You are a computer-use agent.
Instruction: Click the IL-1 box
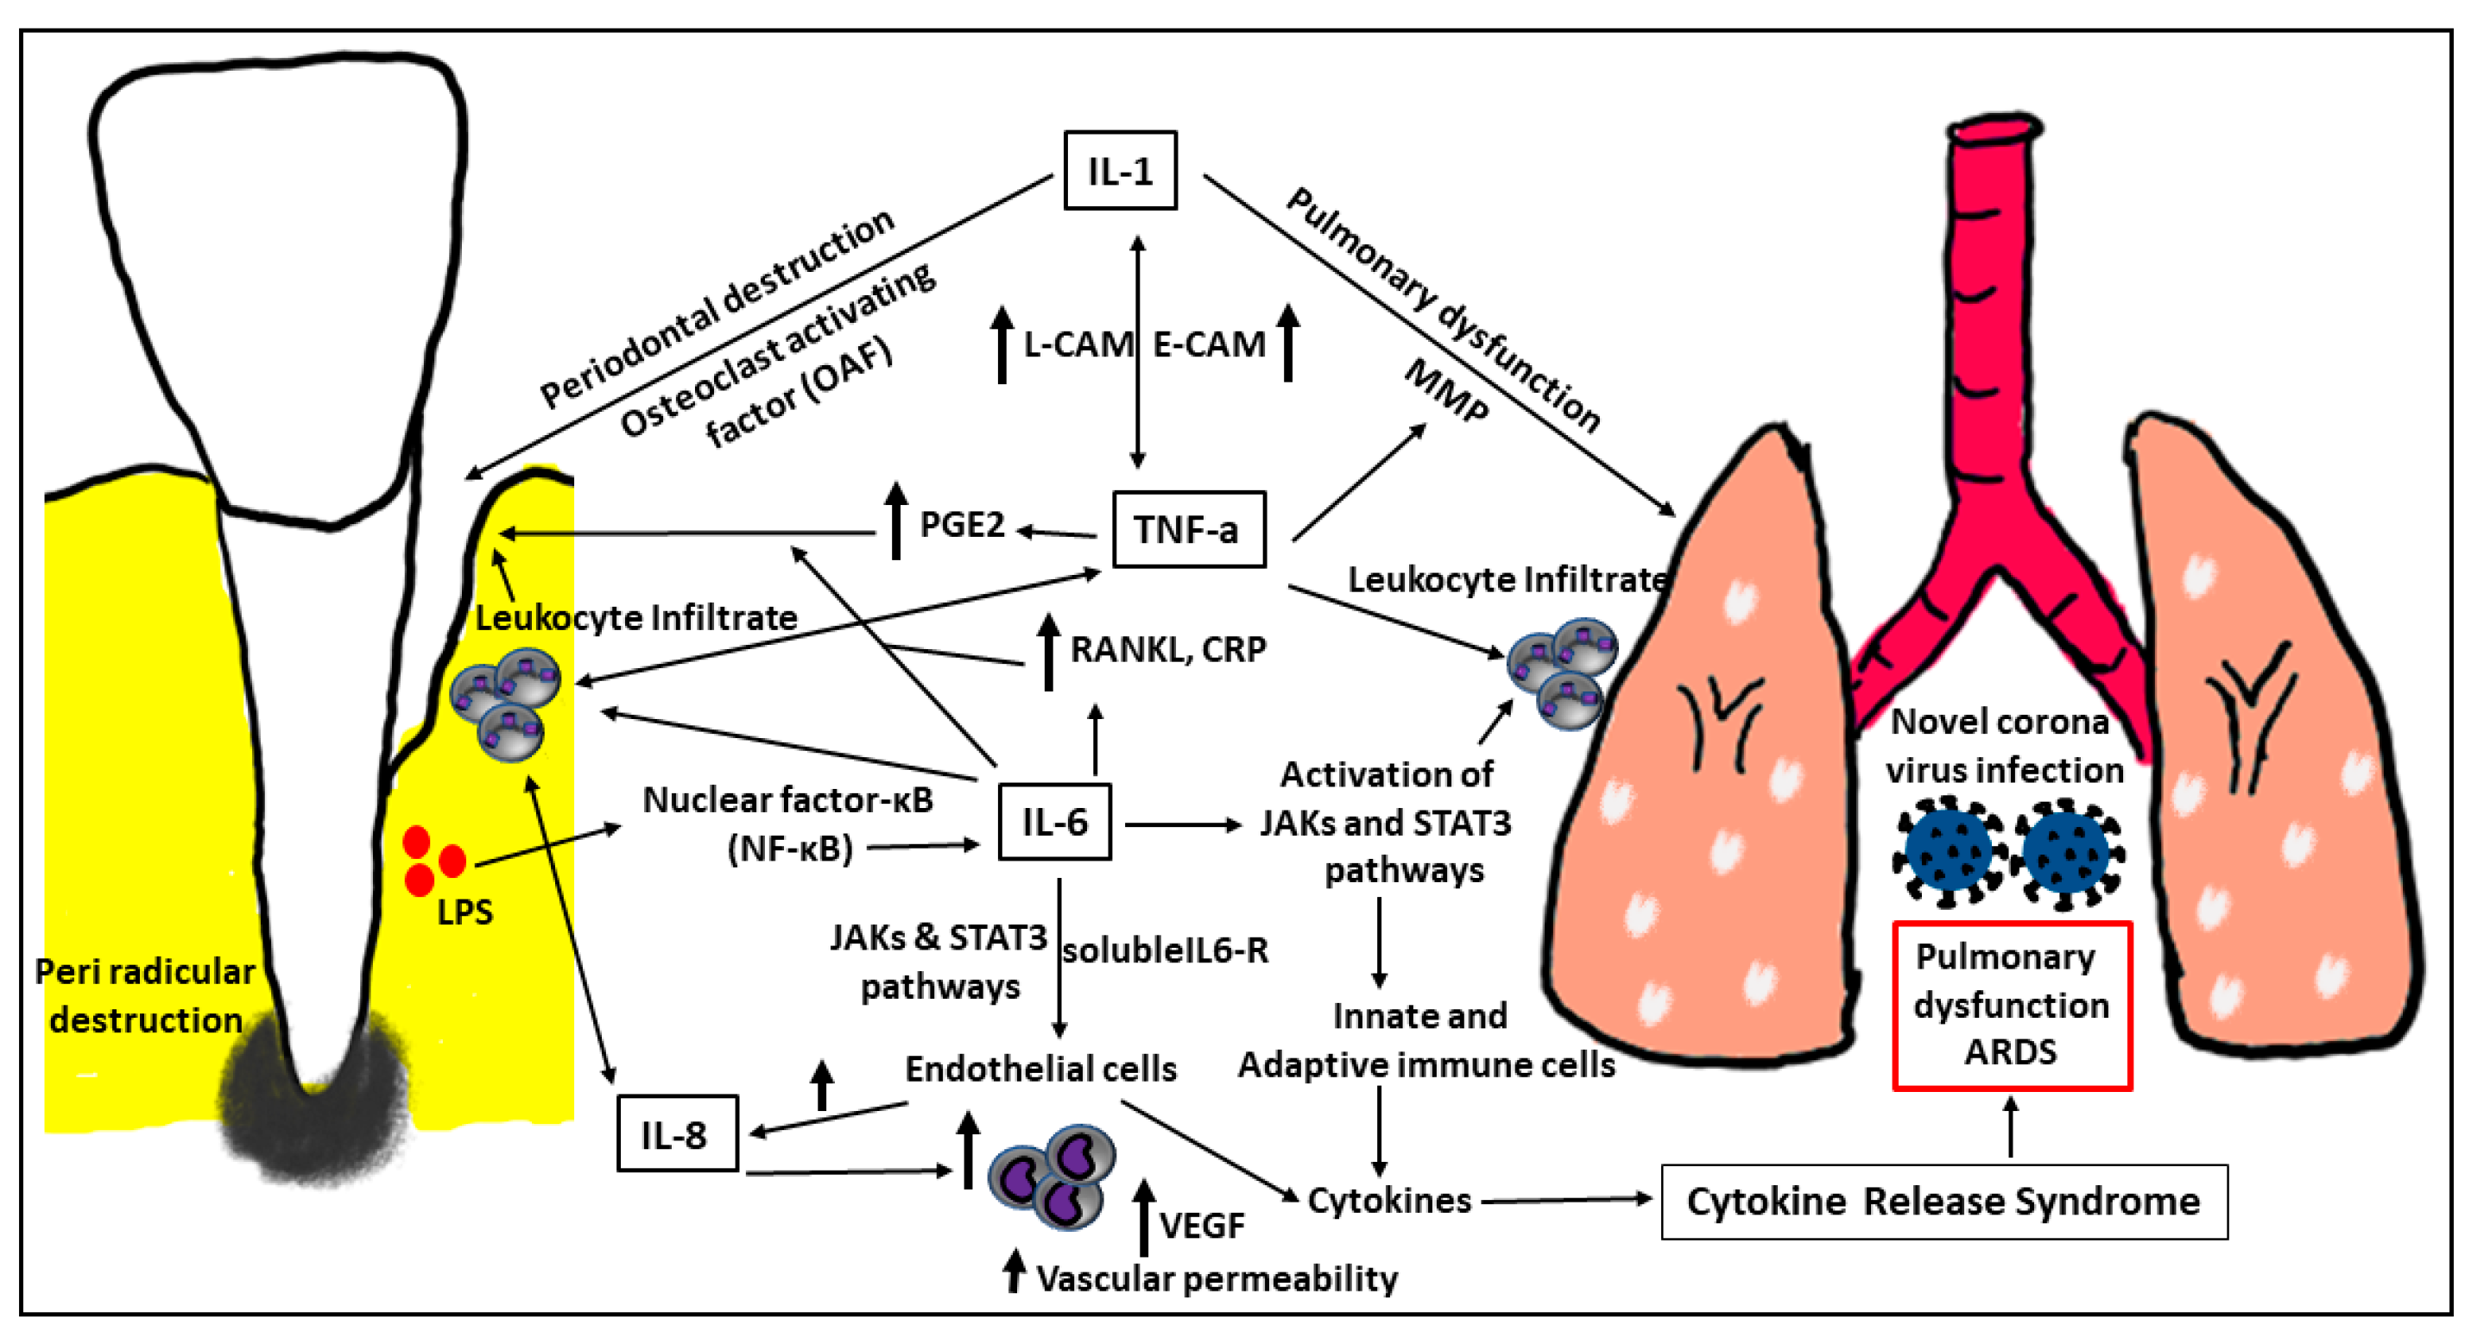point(1120,171)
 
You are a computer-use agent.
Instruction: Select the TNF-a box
point(1188,529)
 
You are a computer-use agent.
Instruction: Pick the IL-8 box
point(676,1133)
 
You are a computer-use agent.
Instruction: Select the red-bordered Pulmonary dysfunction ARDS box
point(2012,1006)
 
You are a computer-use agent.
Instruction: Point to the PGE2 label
point(961,526)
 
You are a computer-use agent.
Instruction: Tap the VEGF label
point(1202,1225)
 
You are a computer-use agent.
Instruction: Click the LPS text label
point(465,912)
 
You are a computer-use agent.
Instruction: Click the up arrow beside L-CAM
point(1002,344)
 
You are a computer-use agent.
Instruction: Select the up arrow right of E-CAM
point(1287,342)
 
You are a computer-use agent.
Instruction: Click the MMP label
point(1445,390)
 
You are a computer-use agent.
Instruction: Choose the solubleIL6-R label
point(1165,950)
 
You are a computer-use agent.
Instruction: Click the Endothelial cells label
point(1040,1068)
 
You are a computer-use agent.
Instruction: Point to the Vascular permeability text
point(1216,1278)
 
